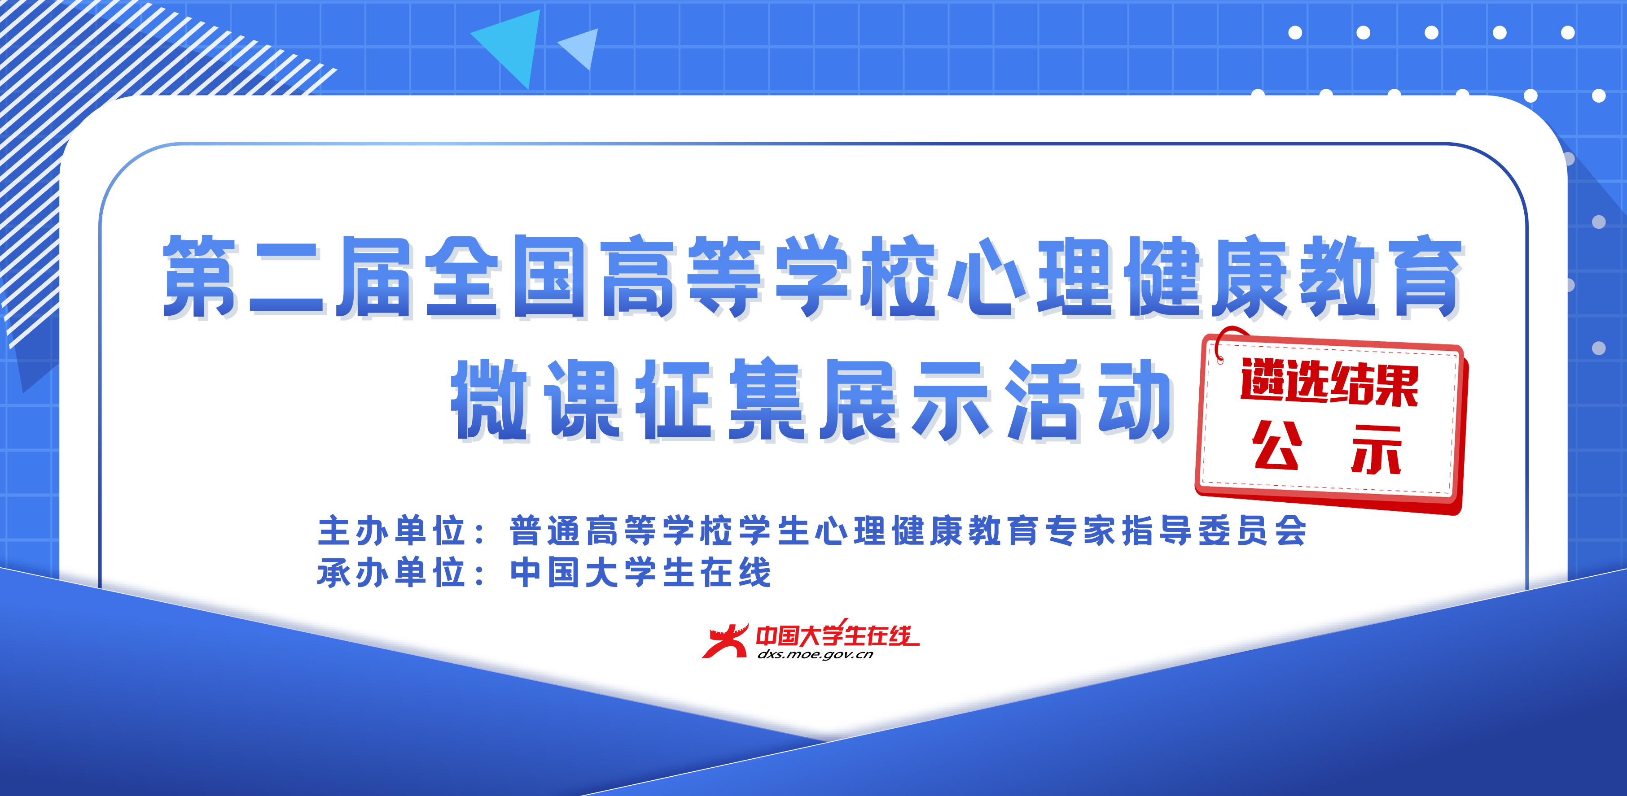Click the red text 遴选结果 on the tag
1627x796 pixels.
(x=1329, y=382)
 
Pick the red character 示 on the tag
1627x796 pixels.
(x=1377, y=449)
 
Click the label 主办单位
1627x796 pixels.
(x=391, y=530)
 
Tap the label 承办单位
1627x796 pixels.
(x=391, y=573)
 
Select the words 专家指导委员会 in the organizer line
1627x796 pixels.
(x=1175, y=530)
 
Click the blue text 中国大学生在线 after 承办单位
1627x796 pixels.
(x=640, y=573)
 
